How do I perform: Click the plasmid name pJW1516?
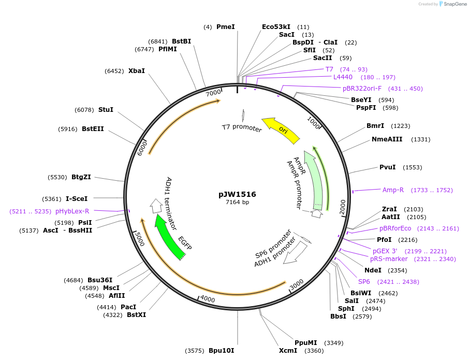(x=237, y=194)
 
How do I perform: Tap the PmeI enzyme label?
(x=225, y=26)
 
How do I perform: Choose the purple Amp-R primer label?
(x=393, y=190)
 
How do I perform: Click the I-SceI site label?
(x=77, y=198)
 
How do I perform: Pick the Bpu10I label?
(x=222, y=351)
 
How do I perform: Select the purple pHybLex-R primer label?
(x=72, y=211)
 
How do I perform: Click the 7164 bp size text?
(x=237, y=202)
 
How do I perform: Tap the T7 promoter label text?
(x=242, y=127)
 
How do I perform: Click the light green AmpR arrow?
(x=314, y=179)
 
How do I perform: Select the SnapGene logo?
(x=452, y=4)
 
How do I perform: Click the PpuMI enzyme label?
(x=305, y=343)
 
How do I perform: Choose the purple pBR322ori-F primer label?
(x=362, y=89)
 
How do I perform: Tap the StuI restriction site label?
(x=106, y=110)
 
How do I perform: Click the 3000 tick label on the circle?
(x=296, y=285)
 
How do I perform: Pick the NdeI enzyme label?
(x=373, y=270)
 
